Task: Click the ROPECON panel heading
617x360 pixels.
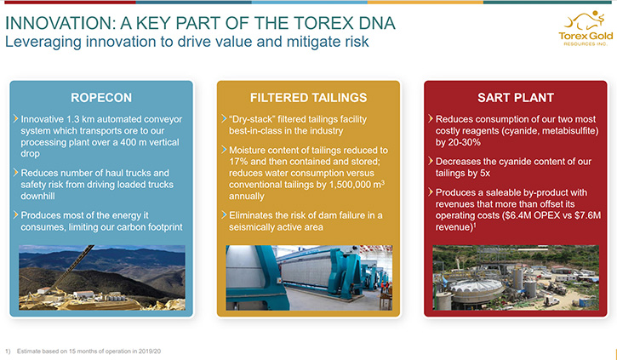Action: tap(101, 98)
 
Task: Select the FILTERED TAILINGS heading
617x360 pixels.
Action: tap(308, 98)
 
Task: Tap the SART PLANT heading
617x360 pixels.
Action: tap(516, 98)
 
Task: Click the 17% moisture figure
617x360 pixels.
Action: tap(237, 162)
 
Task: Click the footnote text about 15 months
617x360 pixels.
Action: tap(89, 351)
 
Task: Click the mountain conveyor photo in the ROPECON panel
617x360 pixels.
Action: tap(102, 277)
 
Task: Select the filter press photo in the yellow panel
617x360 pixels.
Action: tap(309, 277)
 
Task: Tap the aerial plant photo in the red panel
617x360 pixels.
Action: tap(516, 277)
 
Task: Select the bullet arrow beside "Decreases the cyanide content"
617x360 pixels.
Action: tap(431, 161)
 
